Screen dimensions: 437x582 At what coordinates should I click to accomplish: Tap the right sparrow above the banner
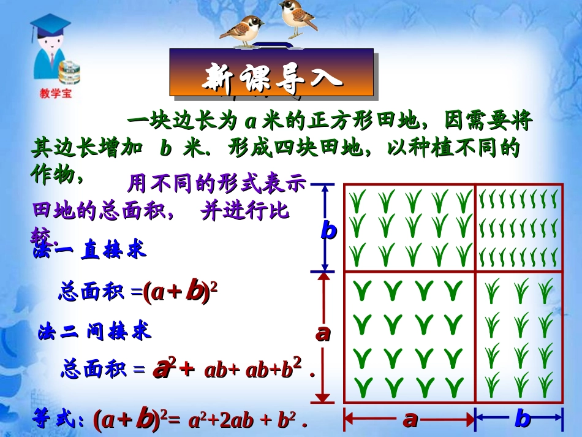point(298,17)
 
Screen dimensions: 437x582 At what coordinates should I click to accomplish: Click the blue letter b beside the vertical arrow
point(329,230)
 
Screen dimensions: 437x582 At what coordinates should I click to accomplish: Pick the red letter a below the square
point(410,419)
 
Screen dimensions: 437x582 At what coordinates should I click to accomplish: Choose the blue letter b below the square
point(522,419)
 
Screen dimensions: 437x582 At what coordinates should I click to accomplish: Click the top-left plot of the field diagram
point(410,227)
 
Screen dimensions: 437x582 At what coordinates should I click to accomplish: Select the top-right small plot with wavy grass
point(519,227)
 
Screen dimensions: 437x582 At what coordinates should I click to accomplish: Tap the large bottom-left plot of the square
point(410,336)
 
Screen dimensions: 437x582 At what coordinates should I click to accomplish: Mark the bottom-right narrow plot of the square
point(519,336)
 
